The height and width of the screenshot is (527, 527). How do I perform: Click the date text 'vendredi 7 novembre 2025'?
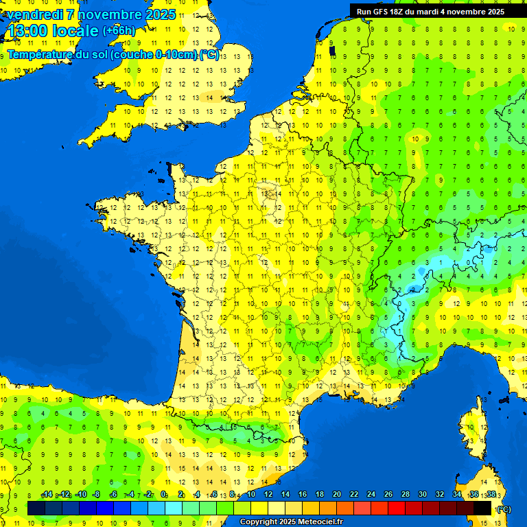[x=91, y=14]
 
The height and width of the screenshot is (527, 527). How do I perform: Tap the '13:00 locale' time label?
[x=53, y=31]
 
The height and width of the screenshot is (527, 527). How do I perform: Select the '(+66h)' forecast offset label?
[x=119, y=31]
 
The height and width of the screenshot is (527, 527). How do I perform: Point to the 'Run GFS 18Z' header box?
[x=430, y=11]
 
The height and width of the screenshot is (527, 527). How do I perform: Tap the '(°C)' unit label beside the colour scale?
[x=504, y=508]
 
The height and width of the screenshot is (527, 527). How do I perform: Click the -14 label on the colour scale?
[x=47, y=495]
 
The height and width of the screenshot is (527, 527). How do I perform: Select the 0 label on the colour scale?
[x=163, y=495]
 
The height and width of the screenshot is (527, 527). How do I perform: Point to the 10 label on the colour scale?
[x=250, y=495]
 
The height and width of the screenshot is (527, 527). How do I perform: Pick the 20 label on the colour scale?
[x=336, y=495]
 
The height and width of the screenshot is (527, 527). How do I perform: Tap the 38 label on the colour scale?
[x=491, y=495]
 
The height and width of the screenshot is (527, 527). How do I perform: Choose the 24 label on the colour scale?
[x=371, y=495]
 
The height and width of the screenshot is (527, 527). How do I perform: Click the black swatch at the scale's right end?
[x=482, y=508]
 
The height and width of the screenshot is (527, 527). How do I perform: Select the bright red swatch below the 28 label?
[x=397, y=508]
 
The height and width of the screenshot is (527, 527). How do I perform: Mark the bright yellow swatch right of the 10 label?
[x=259, y=508]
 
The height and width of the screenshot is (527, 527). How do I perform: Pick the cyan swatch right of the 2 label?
[x=191, y=508]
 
